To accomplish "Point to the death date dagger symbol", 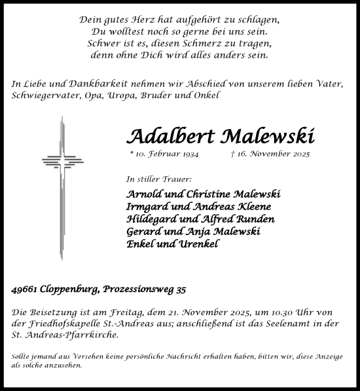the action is (x=234, y=154).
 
